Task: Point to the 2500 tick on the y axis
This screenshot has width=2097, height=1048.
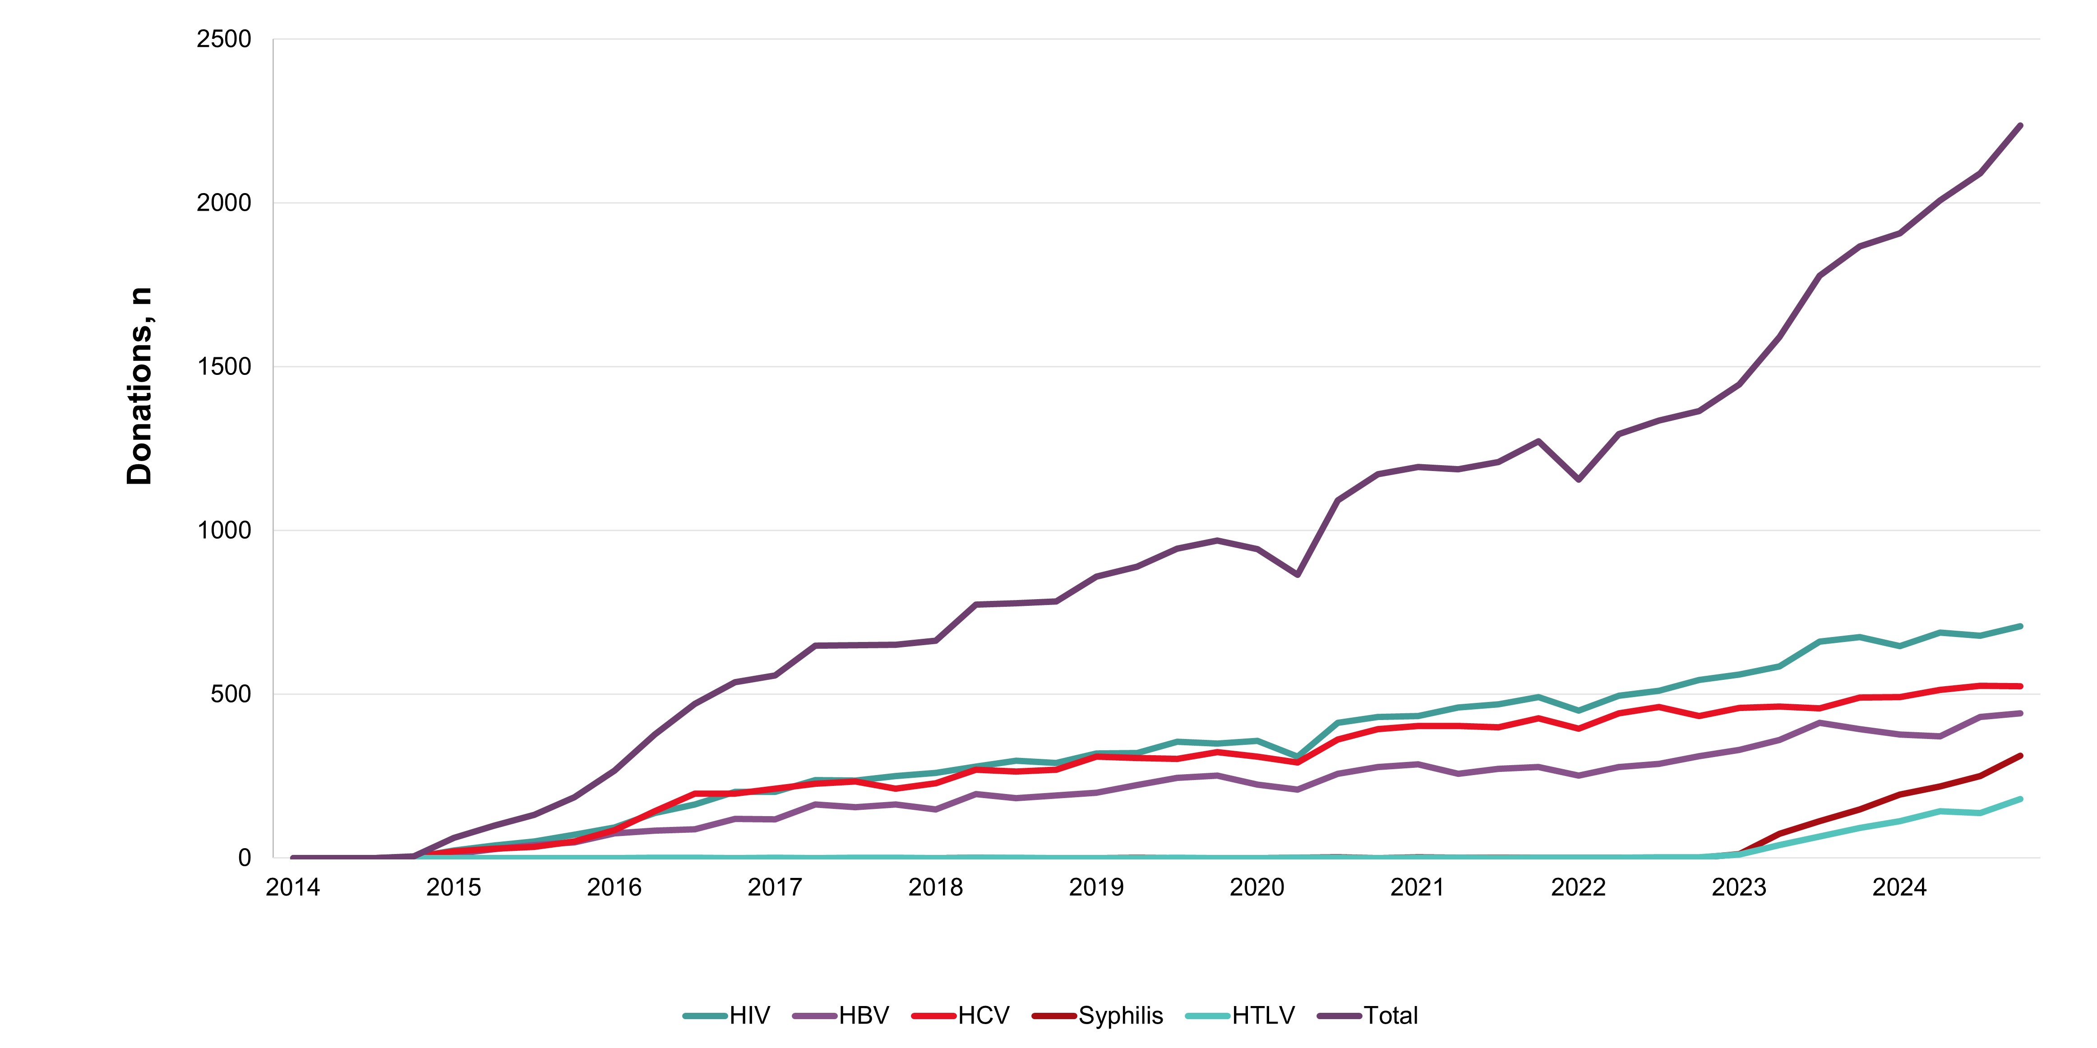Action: point(224,39)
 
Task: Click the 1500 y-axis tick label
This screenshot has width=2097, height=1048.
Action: point(224,366)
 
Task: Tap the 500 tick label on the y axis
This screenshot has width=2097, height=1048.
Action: point(231,694)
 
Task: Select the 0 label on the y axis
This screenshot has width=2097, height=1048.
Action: point(244,858)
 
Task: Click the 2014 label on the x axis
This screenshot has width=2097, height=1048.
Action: point(293,887)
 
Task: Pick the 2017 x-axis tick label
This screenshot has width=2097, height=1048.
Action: point(775,887)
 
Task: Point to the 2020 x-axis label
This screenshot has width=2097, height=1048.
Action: point(1257,887)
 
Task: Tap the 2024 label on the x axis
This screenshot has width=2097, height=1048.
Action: point(1899,887)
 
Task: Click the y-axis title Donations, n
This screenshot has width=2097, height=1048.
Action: point(139,386)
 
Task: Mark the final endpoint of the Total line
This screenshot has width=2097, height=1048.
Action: point(2020,125)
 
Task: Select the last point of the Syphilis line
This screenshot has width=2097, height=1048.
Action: point(2020,756)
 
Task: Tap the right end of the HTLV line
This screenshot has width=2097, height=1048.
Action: point(2020,799)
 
